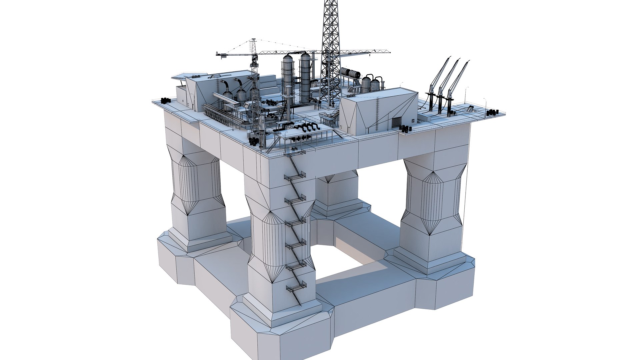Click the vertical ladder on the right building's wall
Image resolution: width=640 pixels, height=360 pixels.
[378, 113]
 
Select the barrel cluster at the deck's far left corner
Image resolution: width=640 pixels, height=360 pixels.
[165, 100]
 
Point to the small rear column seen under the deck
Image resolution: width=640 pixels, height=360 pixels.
[337, 193]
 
